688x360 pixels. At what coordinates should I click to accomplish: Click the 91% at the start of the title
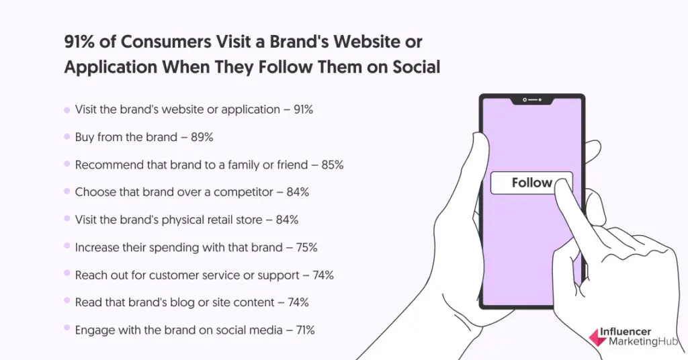coord(79,42)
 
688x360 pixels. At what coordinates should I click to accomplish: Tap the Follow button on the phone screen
coord(531,183)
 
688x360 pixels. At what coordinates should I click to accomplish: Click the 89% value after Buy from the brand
coord(202,137)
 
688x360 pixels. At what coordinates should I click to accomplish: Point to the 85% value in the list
coord(332,165)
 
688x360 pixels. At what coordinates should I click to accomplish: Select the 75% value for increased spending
coord(306,247)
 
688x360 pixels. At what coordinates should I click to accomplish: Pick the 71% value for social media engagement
coord(305,330)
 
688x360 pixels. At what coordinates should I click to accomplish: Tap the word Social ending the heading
coord(416,67)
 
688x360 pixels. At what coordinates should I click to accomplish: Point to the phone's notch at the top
coord(532,101)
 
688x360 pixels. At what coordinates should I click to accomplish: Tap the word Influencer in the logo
coord(626,332)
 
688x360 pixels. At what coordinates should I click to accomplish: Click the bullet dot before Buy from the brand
coord(67,137)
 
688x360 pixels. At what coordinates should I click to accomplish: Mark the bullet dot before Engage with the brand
coord(67,328)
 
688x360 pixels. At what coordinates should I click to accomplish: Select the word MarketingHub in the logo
coord(643,342)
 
